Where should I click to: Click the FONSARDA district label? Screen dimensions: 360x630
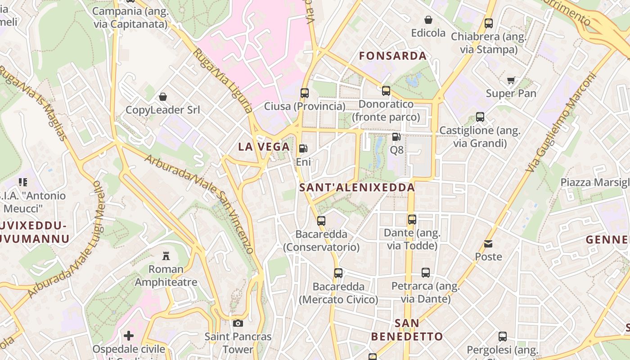coord(393,56)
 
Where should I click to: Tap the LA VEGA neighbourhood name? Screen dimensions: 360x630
coord(264,147)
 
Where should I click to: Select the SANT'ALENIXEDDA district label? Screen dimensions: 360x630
coord(357,188)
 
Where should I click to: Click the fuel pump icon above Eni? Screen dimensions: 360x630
coord(303,148)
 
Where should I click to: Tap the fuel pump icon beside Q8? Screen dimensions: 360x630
coord(396,137)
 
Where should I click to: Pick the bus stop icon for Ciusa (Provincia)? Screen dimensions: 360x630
coord(305,93)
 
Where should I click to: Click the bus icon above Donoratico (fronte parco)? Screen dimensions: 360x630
coord(386,91)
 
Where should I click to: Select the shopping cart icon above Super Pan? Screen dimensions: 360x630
coord(511,81)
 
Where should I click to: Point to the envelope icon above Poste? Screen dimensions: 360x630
coord(488,244)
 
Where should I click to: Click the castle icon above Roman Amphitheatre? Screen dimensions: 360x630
coord(166,256)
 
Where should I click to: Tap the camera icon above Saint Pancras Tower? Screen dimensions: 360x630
coord(238,323)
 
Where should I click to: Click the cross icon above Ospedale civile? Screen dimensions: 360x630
coord(129,336)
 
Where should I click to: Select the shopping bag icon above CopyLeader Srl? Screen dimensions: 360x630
coord(162,97)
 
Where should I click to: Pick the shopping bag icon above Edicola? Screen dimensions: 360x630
coord(428,20)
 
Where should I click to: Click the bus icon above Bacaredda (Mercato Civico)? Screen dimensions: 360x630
coord(338,273)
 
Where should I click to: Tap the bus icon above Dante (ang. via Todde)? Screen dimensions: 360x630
coord(412,220)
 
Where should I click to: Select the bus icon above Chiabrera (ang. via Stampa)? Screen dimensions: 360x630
coord(488,23)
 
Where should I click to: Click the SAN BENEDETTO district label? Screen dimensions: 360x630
coord(407,330)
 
